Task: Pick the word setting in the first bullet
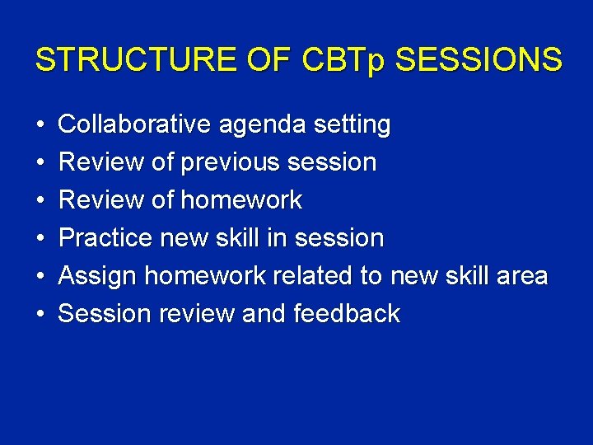pyautogui.click(x=352, y=126)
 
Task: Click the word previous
pyautogui.click(x=230, y=163)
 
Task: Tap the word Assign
pyautogui.click(x=97, y=277)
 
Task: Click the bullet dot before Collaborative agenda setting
pyautogui.click(x=40, y=126)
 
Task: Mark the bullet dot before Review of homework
pyautogui.click(x=40, y=201)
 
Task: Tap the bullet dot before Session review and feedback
pyautogui.click(x=40, y=315)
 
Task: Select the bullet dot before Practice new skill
pyautogui.click(x=40, y=239)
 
